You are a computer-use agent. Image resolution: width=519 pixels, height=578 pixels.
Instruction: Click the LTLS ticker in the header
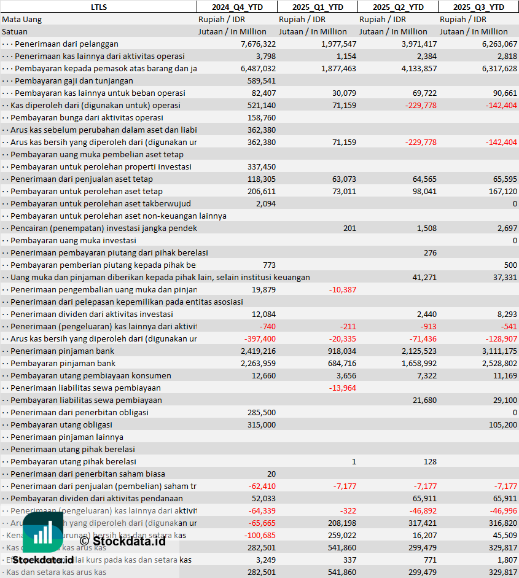click(x=98, y=7)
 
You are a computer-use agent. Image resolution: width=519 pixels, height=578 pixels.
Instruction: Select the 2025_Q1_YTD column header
click(x=316, y=7)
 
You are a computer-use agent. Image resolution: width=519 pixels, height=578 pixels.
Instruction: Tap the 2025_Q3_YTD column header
click(x=478, y=7)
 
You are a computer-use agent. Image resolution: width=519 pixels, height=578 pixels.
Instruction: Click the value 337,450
click(x=261, y=166)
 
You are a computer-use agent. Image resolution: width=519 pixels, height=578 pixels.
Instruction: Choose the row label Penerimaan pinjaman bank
click(x=63, y=351)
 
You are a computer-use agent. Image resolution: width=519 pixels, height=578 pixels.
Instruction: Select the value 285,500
click(x=261, y=412)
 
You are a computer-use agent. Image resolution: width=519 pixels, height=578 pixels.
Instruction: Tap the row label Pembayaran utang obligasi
click(x=61, y=424)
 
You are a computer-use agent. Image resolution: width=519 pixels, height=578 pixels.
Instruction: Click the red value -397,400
click(x=260, y=338)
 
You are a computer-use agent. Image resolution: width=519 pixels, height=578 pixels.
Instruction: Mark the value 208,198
click(x=340, y=523)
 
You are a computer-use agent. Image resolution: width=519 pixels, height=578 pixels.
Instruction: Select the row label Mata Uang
click(x=21, y=19)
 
